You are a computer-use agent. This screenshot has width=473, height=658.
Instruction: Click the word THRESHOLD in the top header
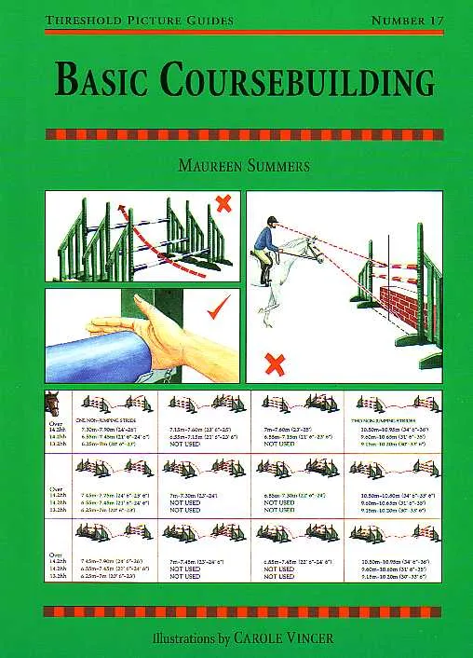tap(78, 19)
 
